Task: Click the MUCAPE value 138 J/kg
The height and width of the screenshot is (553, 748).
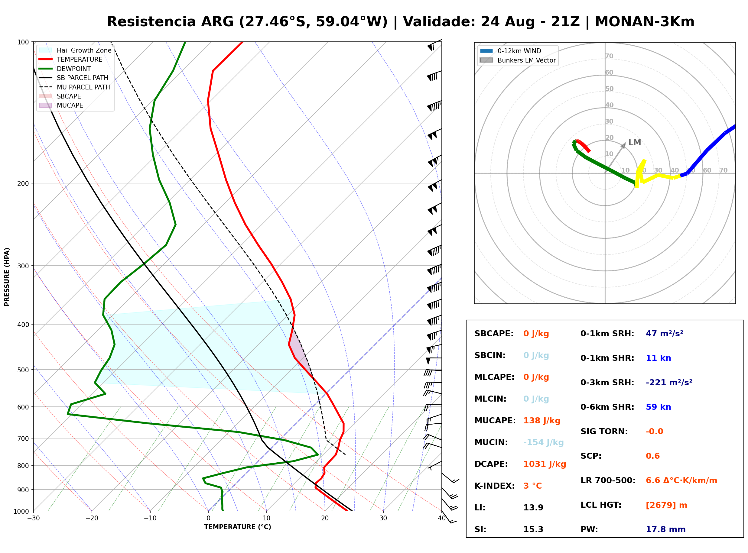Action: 542,421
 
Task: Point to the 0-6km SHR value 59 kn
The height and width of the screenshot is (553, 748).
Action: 658,407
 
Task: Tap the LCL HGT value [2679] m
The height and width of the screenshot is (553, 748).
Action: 666,505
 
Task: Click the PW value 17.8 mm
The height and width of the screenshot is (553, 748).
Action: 666,529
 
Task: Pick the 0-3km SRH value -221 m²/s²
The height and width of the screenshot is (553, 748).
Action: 669,382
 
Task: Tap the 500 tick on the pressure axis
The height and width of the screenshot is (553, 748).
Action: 24,370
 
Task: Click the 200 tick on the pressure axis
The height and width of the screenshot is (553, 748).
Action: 24,183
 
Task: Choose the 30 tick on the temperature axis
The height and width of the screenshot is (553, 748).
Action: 383,519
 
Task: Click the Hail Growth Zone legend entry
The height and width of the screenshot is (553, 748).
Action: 75,50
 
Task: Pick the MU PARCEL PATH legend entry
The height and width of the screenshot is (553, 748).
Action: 75,87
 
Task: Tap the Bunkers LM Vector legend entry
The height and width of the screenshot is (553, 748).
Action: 518,60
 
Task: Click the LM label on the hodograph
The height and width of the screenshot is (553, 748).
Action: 635,143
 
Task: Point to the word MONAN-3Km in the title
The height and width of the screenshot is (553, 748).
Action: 645,22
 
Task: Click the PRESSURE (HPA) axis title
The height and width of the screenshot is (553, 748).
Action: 7,277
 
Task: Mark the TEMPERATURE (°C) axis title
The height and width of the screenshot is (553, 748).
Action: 238,527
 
